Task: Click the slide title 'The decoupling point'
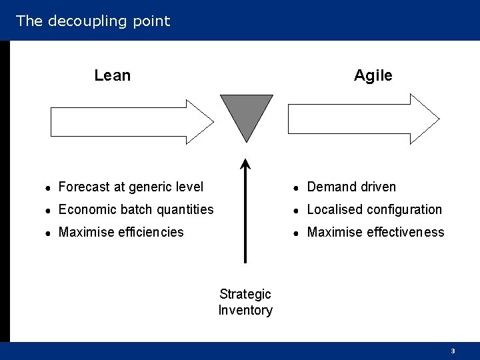[x=93, y=21]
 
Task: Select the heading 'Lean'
[x=112, y=75]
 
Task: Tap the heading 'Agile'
[x=373, y=75]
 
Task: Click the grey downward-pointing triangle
[x=246, y=113]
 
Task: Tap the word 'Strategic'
[x=245, y=294]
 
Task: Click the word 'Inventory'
[x=245, y=310]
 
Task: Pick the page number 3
[x=453, y=351]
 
